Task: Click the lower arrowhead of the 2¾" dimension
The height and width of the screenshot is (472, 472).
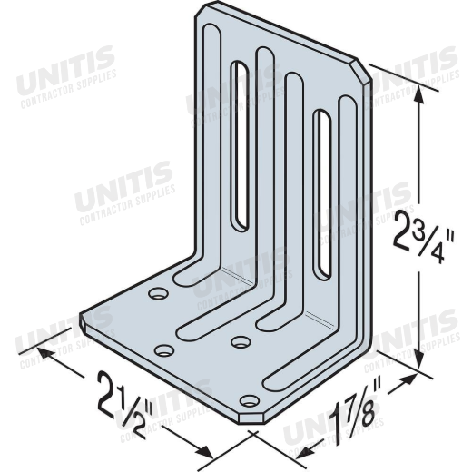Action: tap(418, 358)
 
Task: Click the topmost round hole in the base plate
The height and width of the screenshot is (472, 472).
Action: tap(159, 293)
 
